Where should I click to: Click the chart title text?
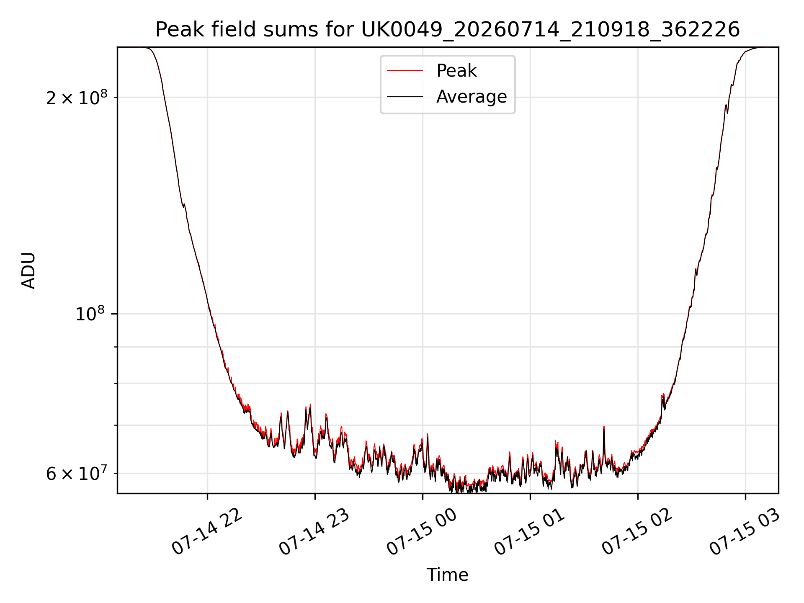(x=448, y=30)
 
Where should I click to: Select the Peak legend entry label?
(x=456, y=71)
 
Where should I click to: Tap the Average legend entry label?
(x=472, y=97)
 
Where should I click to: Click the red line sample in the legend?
(x=405, y=71)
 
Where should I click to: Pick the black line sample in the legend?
(x=405, y=97)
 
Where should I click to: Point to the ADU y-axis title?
(x=28, y=271)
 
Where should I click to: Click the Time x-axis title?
(x=447, y=575)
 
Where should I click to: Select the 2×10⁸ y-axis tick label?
(x=77, y=98)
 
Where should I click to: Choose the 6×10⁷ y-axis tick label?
(x=77, y=474)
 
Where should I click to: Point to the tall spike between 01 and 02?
(x=604, y=428)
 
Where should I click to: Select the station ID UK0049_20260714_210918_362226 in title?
(x=550, y=30)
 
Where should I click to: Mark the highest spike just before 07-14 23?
(x=310, y=405)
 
